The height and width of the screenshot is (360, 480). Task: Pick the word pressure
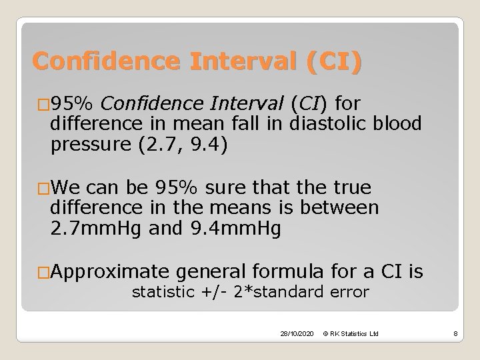[x=83, y=146]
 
